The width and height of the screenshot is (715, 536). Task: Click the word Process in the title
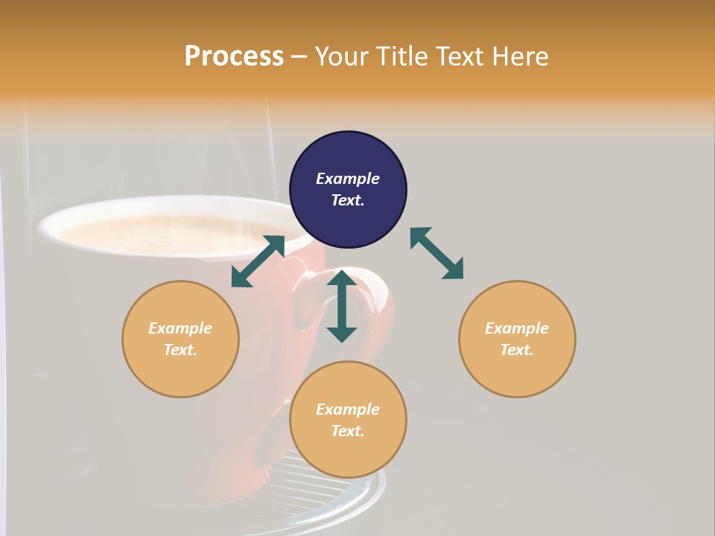(234, 56)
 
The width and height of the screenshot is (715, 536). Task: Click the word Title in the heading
(398, 56)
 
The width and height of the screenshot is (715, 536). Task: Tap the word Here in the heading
(518, 56)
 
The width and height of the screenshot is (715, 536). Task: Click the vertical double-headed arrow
(342, 306)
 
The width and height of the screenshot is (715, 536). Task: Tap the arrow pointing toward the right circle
(437, 253)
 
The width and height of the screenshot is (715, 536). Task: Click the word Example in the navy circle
(348, 179)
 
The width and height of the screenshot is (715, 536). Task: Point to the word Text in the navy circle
(348, 200)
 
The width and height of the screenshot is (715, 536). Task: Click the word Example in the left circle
(180, 328)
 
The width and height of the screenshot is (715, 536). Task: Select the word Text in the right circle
(517, 350)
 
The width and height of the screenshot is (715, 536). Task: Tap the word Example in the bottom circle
(348, 409)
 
